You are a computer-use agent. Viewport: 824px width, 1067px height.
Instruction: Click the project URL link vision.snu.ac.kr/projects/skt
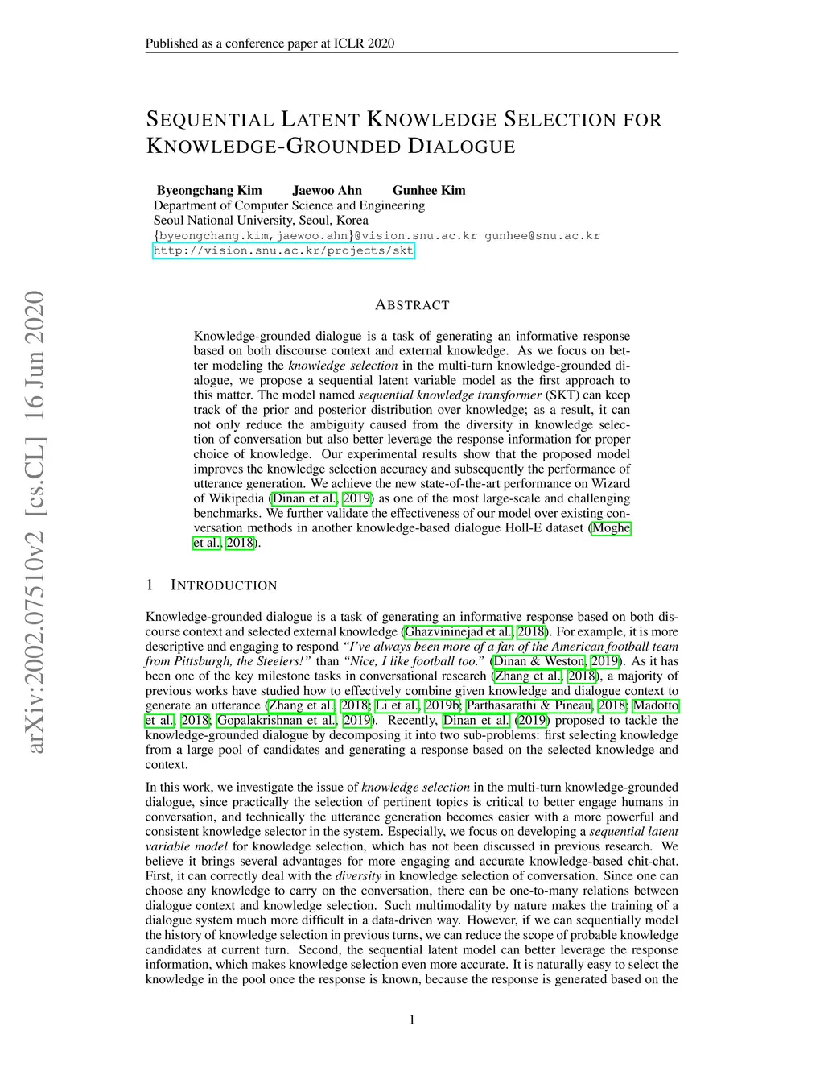[283, 250]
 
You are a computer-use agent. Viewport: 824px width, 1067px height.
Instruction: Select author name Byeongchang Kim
[209, 190]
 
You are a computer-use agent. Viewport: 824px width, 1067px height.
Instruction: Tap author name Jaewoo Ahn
[327, 190]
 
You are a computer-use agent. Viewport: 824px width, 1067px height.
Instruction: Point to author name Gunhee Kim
[429, 190]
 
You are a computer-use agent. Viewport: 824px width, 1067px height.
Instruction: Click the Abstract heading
[412, 305]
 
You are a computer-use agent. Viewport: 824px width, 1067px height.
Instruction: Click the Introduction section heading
[223, 585]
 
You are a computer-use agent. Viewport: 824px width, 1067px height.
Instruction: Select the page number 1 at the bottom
[412, 1019]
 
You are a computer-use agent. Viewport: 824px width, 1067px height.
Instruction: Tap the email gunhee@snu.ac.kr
[542, 236]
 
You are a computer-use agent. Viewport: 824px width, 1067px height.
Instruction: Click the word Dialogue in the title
[461, 147]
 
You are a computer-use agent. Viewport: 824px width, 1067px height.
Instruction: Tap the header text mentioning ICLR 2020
[270, 43]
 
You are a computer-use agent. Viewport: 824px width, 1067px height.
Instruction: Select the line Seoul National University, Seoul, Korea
[261, 220]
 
